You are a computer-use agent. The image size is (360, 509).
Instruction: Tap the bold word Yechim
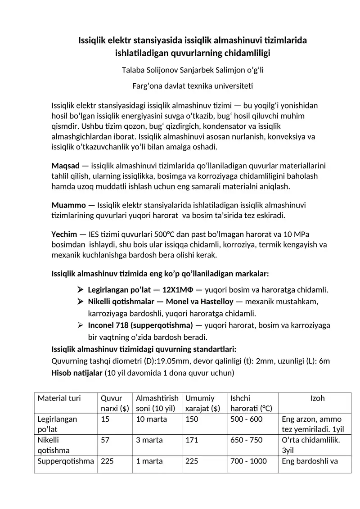pos(65,234)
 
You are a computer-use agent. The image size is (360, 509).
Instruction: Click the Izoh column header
pos(317,398)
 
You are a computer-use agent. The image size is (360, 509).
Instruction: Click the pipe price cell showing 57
pos(105,440)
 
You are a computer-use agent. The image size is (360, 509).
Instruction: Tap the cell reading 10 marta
pos(151,419)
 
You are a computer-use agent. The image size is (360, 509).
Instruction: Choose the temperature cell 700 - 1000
pos(248,461)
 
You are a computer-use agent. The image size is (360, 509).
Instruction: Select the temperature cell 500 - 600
pos(246,419)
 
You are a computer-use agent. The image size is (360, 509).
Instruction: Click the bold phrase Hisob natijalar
pos(77,373)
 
